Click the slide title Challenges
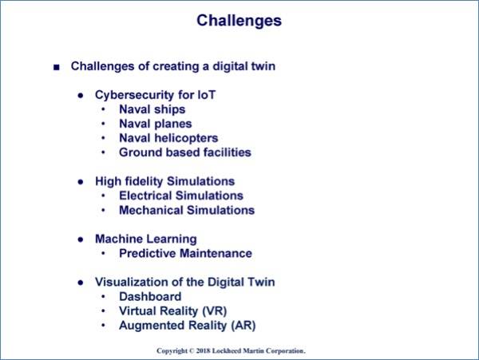click(x=239, y=21)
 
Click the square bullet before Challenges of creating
click(x=57, y=67)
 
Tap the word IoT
click(x=207, y=95)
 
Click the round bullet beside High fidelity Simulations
click(x=81, y=182)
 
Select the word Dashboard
click(x=150, y=296)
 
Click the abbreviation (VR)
click(x=215, y=311)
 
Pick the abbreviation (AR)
click(x=243, y=326)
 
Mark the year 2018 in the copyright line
click(x=203, y=351)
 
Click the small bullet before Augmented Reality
click(x=103, y=326)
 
